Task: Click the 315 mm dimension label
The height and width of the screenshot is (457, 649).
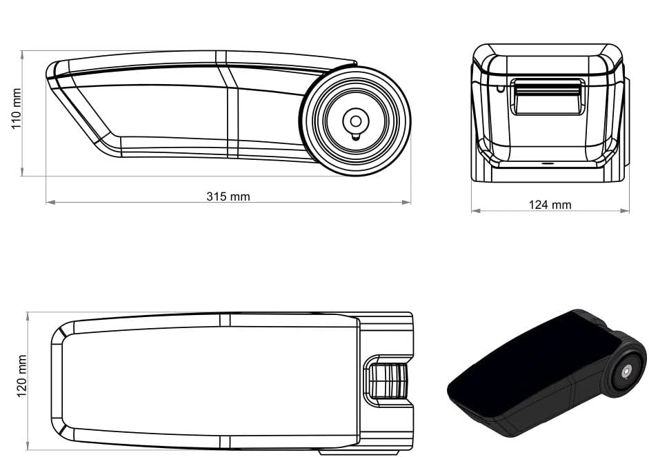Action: [228, 196]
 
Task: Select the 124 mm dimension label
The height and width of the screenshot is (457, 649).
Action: [550, 205]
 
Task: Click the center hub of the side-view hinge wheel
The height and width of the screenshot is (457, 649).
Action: [355, 121]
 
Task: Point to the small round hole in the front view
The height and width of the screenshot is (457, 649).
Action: [499, 88]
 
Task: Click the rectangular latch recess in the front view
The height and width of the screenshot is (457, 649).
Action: [548, 97]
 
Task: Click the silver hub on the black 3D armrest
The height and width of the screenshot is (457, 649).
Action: [626, 372]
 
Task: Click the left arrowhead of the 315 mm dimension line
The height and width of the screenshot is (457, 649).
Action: [49, 202]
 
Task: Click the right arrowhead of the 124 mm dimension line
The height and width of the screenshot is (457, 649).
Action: [627, 210]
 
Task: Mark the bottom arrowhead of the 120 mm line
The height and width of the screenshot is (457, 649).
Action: [28, 447]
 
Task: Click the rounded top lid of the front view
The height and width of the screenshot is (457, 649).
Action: [548, 58]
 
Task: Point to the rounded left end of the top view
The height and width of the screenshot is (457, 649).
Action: [58, 380]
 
